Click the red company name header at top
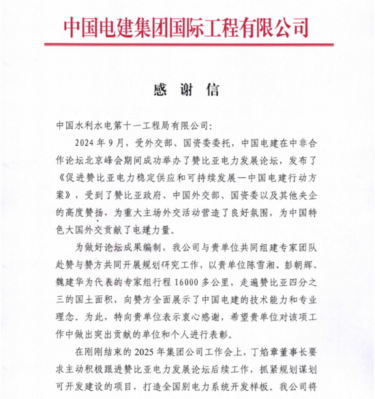tap(186, 27)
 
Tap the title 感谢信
tap(185, 89)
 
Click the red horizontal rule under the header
tap(187, 46)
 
